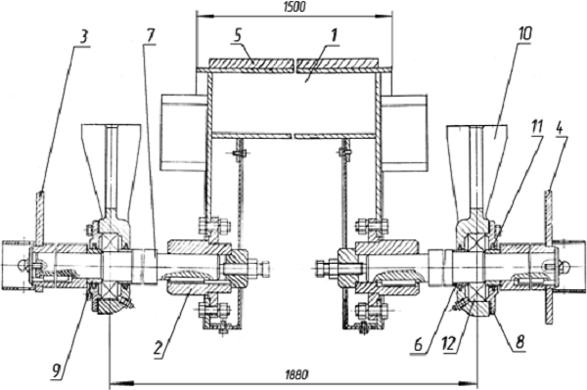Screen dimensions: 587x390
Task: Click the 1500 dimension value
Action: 295,7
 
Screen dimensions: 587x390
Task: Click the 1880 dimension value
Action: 295,374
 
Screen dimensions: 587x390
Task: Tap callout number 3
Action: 83,38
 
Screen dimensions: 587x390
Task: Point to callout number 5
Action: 239,35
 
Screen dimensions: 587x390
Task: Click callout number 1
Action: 334,36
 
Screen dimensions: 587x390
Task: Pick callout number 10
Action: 524,34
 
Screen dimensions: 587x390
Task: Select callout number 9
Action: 57,370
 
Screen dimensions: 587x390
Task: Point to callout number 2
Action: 158,348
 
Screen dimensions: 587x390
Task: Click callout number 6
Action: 418,345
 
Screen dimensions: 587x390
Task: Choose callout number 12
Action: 448,344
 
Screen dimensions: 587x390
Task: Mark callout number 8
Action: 519,341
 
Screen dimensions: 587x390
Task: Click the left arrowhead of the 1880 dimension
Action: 121,383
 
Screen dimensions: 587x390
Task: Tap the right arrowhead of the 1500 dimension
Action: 383,16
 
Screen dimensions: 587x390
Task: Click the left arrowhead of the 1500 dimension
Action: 206,16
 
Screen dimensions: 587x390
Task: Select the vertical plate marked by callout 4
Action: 548,257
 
